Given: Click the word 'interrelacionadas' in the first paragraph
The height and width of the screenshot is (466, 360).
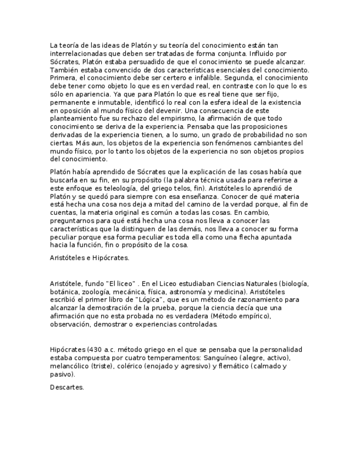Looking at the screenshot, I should [x=77, y=54].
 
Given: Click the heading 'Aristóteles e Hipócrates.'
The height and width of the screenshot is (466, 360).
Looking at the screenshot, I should [x=90, y=257].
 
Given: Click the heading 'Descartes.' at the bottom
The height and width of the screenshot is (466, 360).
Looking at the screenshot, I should [x=67, y=387].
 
